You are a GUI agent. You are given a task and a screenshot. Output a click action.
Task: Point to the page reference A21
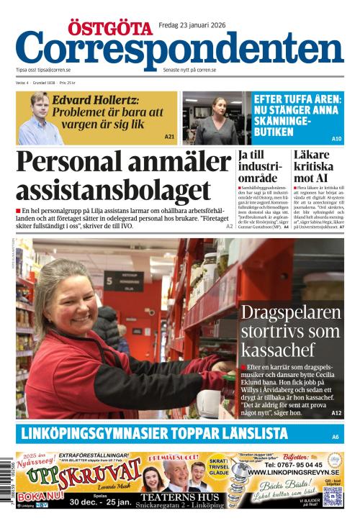(x=169, y=137)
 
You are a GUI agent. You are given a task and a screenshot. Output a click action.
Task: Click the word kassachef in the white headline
(x=278, y=350)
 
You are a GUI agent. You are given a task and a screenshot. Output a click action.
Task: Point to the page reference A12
(x=336, y=413)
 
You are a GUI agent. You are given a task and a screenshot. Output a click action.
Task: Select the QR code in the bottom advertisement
(x=333, y=496)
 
